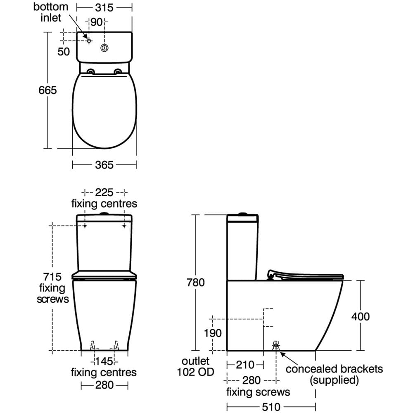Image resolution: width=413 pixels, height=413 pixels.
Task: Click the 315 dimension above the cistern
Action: [104, 7]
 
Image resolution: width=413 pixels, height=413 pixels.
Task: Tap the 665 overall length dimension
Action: [47, 90]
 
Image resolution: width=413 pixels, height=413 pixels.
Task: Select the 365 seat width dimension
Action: [104, 165]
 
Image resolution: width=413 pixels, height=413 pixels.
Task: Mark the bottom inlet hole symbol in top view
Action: [89, 40]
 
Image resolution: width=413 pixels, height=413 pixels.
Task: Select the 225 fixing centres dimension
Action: [104, 192]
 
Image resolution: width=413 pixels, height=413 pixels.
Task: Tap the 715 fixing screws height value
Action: [52, 276]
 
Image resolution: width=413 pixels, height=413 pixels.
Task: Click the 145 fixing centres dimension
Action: [104, 362]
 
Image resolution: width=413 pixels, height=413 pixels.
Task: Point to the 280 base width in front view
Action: [104, 386]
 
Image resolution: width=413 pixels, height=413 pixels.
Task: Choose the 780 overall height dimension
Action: [196, 282]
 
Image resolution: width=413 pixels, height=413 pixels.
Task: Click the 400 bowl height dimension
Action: [360, 316]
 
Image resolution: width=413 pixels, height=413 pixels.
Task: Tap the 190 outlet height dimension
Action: [213, 333]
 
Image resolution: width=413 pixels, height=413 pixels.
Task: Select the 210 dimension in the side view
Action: [245, 365]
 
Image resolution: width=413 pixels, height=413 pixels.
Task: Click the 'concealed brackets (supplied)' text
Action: [334, 374]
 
